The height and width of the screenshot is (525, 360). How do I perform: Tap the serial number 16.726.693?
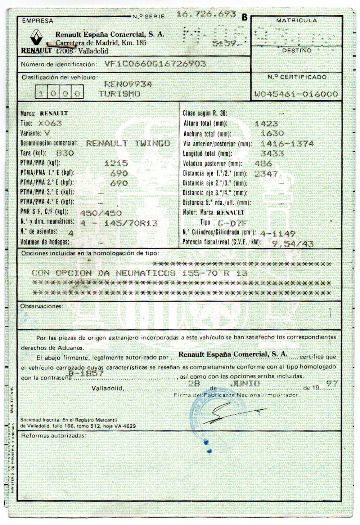click(x=206, y=14)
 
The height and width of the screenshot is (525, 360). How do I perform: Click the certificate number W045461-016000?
click(x=296, y=94)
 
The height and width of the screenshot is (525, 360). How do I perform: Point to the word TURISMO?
click(x=119, y=93)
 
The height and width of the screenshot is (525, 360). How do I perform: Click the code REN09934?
click(x=128, y=84)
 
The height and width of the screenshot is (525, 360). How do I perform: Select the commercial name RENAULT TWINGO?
click(x=128, y=143)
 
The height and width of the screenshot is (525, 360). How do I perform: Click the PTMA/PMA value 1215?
click(x=116, y=163)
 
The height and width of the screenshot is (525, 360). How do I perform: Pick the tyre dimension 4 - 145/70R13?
click(x=119, y=223)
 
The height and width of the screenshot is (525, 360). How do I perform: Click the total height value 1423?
click(x=266, y=124)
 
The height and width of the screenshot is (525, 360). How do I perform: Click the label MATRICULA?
click(x=296, y=21)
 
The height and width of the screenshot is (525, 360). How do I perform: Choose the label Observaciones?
click(x=41, y=306)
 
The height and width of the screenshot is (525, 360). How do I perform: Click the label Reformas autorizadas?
click(x=54, y=436)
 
